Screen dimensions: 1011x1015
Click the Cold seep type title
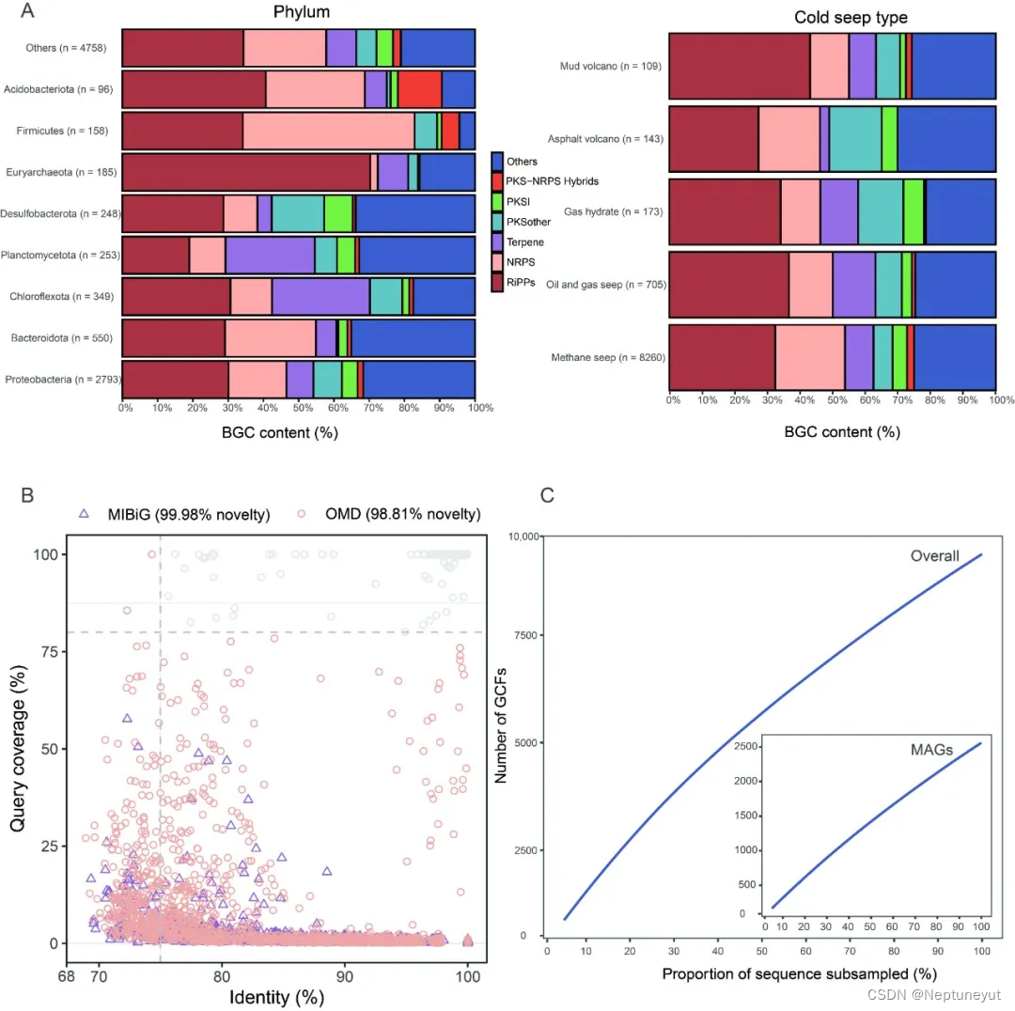point(837,18)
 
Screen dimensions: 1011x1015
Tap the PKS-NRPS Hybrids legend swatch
point(498,180)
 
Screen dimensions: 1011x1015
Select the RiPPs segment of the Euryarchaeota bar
point(246,172)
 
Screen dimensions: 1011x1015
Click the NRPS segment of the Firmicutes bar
point(328,131)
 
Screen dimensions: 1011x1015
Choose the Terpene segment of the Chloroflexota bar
point(320,296)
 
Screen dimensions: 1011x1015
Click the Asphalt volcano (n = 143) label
point(612,139)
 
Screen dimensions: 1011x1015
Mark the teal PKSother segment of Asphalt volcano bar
point(854,139)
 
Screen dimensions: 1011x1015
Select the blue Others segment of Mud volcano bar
point(953,66)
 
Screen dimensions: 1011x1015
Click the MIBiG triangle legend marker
point(84,513)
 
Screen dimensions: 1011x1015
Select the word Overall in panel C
point(934,556)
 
